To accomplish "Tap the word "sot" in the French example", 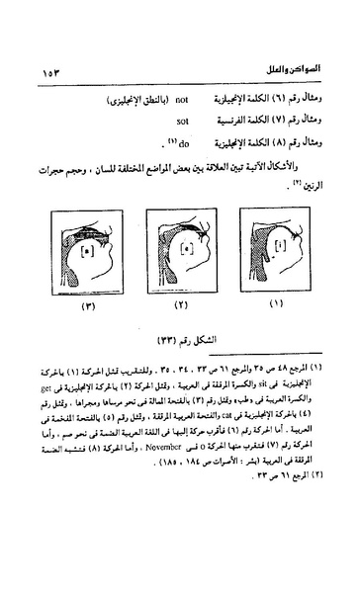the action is pyautogui.click(x=181, y=120).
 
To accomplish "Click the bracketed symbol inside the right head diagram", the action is pyautogui.click(x=284, y=242).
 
